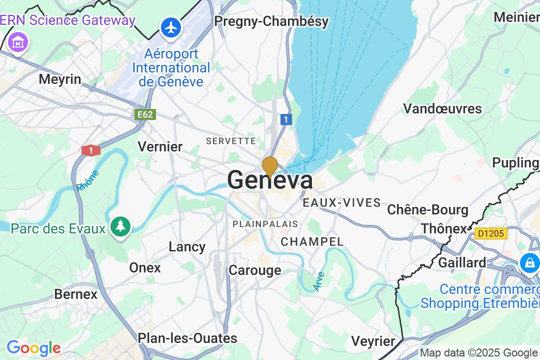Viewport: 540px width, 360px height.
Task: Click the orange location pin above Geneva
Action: tap(270, 166)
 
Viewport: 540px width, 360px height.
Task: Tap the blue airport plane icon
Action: tap(171, 28)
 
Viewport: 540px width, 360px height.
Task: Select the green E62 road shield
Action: tap(145, 114)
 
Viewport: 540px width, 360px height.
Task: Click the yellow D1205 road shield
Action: tap(491, 233)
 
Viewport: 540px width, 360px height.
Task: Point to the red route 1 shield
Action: tap(91, 150)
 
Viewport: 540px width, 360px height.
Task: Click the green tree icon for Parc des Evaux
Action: tap(120, 227)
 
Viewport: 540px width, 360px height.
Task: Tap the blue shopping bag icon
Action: tap(529, 262)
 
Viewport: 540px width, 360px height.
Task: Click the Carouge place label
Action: tap(255, 270)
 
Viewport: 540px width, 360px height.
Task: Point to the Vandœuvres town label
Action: tap(442, 108)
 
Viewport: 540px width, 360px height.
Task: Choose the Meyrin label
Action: tap(60, 79)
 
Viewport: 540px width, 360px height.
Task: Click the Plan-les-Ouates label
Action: tap(187, 338)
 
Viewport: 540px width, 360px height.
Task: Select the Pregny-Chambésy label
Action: tap(271, 21)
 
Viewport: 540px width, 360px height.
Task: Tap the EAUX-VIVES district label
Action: tap(341, 203)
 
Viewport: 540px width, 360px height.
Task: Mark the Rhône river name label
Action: tap(87, 180)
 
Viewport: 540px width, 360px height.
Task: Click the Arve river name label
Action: tap(319, 281)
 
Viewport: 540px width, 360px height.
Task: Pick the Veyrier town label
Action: tap(373, 341)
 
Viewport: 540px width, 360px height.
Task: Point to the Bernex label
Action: tap(75, 294)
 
